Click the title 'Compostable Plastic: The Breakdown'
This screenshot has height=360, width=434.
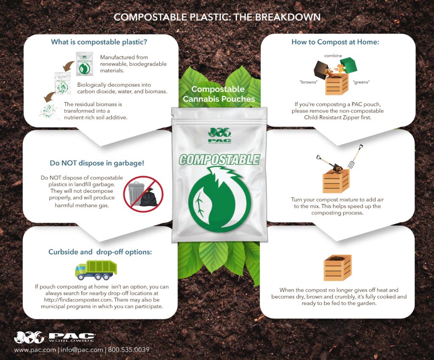[x=217, y=17]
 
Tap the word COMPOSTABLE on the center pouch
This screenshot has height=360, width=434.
[x=219, y=160]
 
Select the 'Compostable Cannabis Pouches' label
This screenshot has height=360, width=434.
[x=218, y=94]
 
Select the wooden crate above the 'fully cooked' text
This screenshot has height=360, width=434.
[x=337, y=267]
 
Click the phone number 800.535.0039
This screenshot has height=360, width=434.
[x=128, y=350]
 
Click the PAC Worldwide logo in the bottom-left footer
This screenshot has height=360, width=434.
[x=55, y=337]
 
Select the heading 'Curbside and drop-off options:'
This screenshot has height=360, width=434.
[x=100, y=252]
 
